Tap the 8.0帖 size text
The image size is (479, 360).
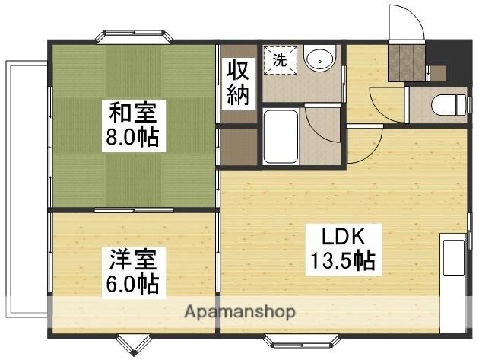[134, 139]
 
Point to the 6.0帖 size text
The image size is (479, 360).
[132, 284]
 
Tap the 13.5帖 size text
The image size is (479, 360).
[341, 261]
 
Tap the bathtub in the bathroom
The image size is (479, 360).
[281, 137]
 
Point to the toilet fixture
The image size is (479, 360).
[446, 104]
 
